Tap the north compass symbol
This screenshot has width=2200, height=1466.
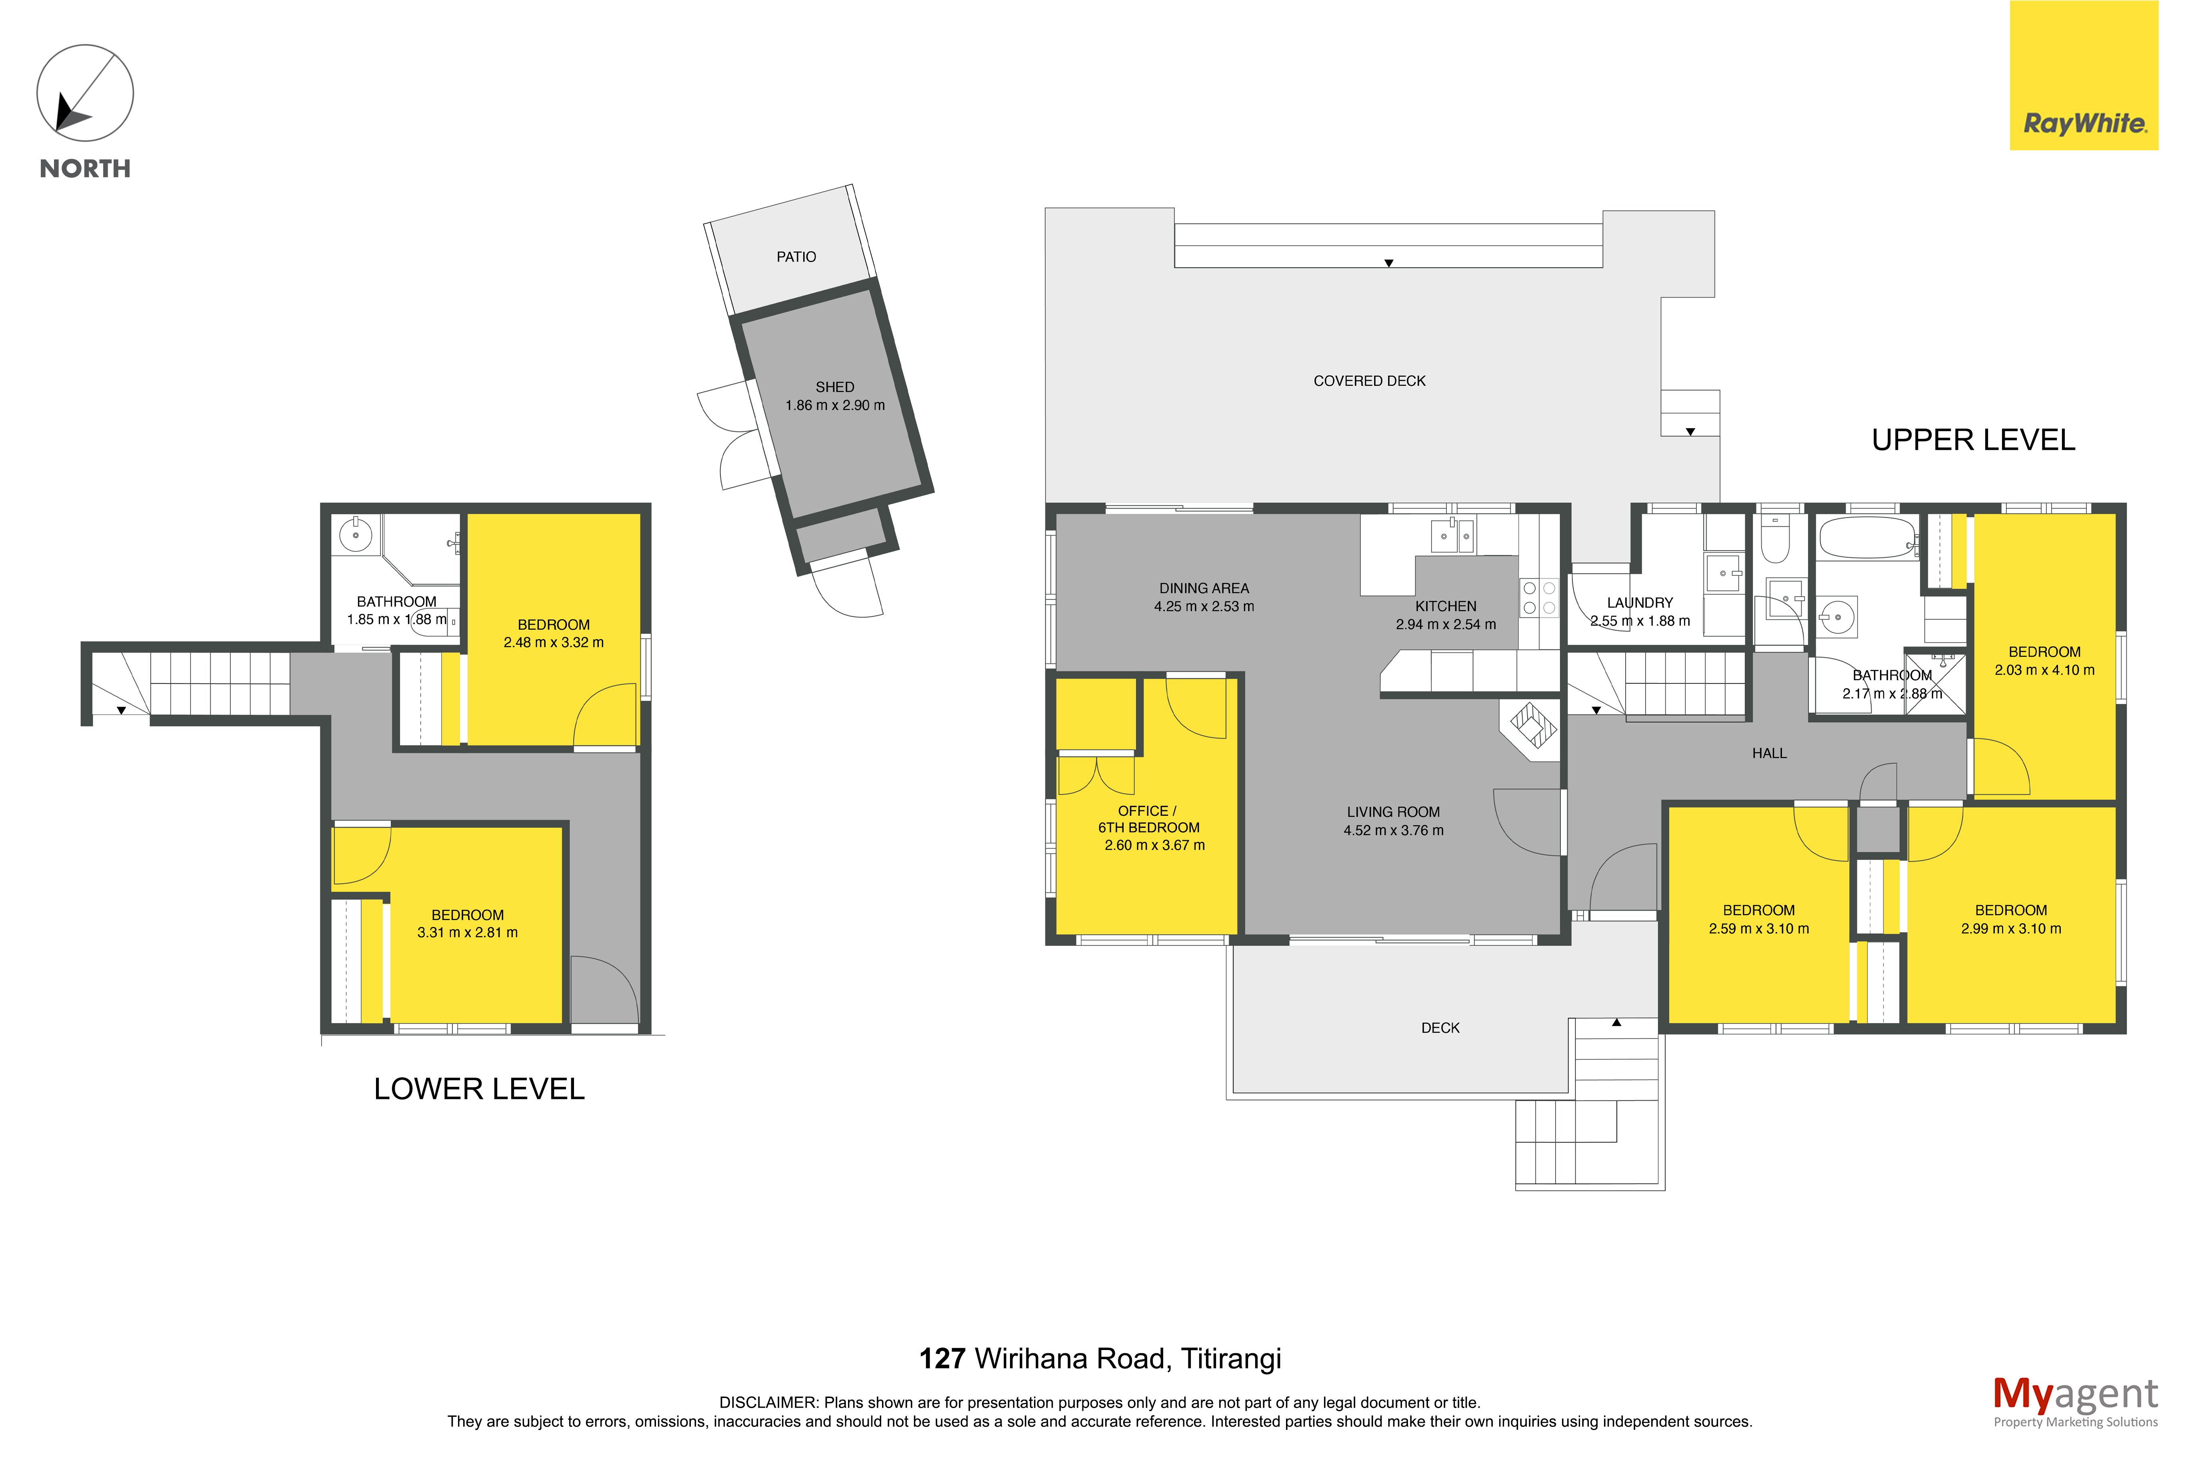85,94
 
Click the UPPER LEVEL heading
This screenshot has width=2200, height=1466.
1973,439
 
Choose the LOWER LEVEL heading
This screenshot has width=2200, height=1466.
479,1088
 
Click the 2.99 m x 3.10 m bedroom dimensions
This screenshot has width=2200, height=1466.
2010,929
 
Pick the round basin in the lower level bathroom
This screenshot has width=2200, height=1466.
355,535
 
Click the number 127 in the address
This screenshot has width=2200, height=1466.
942,1358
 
